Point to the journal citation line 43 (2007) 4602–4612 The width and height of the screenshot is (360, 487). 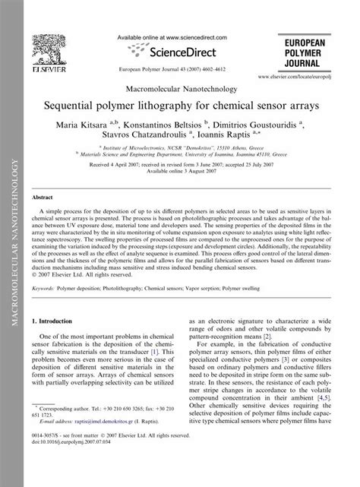pos(180,68)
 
